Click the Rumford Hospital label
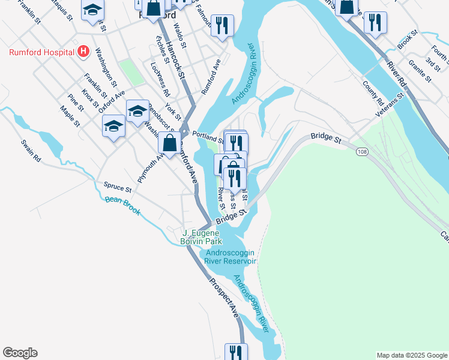click(x=40, y=52)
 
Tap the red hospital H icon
click(x=83, y=52)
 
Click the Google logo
click(x=20, y=353)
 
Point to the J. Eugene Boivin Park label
click(x=202, y=237)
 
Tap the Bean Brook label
click(x=122, y=203)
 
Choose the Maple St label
click(x=70, y=116)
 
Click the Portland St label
click(x=208, y=137)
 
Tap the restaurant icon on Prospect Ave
click(x=236, y=352)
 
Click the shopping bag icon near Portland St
click(x=170, y=143)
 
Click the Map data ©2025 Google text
click(x=411, y=355)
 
